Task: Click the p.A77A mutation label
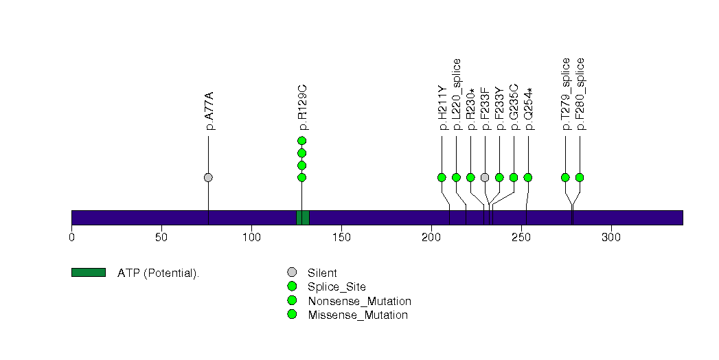click(x=210, y=111)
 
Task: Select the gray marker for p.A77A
click(x=208, y=177)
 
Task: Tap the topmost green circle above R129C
click(x=301, y=141)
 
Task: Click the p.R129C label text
click(x=301, y=109)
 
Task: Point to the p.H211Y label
click(x=442, y=108)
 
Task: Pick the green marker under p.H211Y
click(x=442, y=177)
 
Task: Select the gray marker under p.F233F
click(x=485, y=177)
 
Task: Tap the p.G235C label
click(x=514, y=107)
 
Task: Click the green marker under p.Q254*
click(x=528, y=177)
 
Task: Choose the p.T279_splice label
click(x=566, y=94)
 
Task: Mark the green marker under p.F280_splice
click(x=580, y=177)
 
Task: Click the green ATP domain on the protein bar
click(x=303, y=218)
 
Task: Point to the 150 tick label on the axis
click(x=341, y=237)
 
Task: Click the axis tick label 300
click(x=610, y=237)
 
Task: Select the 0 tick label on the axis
click(x=71, y=237)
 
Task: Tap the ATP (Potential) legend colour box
click(x=89, y=273)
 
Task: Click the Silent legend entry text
click(x=322, y=273)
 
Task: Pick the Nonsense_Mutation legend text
click(x=360, y=302)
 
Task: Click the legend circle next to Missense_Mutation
click(x=292, y=315)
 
